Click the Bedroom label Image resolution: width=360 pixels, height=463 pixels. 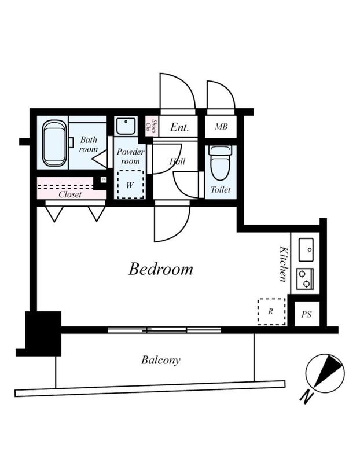[x=161, y=269]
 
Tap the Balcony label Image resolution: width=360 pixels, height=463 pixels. [x=161, y=360]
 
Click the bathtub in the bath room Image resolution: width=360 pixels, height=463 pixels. [x=54, y=143]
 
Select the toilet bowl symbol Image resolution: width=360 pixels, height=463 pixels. [x=221, y=163]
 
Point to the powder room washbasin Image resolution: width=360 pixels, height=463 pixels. [x=126, y=126]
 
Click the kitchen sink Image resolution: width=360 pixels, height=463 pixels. [x=306, y=250]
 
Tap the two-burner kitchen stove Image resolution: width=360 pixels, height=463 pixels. [x=305, y=279]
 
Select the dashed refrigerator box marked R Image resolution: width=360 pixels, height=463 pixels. [x=271, y=311]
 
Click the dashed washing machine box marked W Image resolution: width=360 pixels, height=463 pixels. [x=130, y=185]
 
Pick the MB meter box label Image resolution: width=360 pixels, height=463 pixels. [x=221, y=127]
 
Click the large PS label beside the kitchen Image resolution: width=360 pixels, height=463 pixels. [x=306, y=314]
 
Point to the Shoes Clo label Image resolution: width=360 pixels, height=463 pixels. [x=151, y=126]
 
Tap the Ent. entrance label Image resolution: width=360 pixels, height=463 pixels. [x=179, y=127]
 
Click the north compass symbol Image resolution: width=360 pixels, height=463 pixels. [x=325, y=373]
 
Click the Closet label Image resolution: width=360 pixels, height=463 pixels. [x=70, y=194]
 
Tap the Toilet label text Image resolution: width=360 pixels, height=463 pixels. [x=221, y=190]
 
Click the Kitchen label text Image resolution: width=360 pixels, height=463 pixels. [x=283, y=264]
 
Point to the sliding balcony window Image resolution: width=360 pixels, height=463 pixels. [x=164, y=330]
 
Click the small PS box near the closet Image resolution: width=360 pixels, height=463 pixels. [x=103, y=180]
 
